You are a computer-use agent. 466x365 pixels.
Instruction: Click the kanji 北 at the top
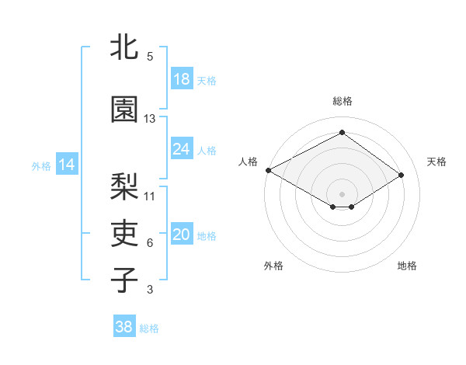[124, 47]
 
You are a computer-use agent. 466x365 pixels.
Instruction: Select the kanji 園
[124, 110]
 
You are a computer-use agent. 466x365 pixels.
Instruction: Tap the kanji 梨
[124, 186]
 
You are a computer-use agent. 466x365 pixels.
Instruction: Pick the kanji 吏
[124, 233]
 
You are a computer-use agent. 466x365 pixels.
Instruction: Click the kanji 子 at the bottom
[124, 280]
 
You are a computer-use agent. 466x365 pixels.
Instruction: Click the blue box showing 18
[182, 80]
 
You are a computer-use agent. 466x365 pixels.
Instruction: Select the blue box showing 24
[182, 149]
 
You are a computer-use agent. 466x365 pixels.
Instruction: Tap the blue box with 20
[182, 235]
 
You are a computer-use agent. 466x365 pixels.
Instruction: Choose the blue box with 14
[67, 165]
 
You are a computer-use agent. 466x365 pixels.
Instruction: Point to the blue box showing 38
[124, 328]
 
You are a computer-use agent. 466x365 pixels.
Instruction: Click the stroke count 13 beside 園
[150, 119]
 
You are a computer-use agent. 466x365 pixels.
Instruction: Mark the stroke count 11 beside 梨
[150, 196]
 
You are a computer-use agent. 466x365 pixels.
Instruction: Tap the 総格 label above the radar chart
[342, 101]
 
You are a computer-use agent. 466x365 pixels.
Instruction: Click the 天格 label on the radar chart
[437, 162]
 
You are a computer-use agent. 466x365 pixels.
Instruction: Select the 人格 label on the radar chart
[248, 162]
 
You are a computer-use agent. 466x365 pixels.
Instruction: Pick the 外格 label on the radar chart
[273, 266]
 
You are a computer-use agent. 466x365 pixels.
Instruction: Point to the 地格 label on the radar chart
[407, 266]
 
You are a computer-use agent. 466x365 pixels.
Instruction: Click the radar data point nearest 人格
[268, 169]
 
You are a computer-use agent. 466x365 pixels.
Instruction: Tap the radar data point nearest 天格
[402, 175]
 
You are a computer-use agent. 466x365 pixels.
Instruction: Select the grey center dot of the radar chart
[342, 193]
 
